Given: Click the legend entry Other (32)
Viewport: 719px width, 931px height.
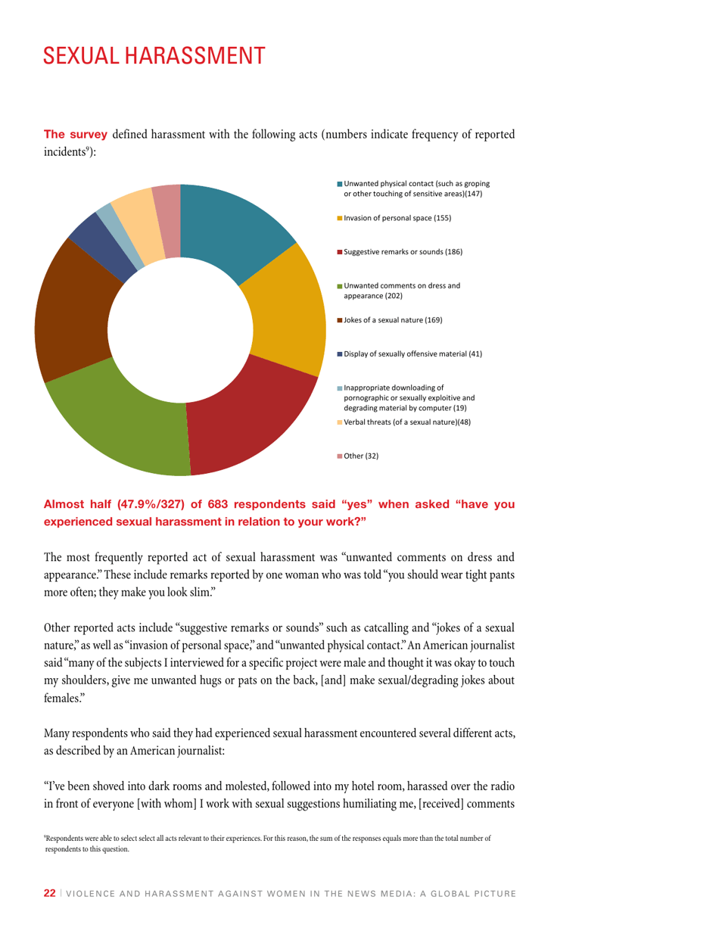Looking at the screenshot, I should click(x=361, y=456).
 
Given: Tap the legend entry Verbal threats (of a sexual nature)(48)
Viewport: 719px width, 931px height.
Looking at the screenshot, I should click(x=407, y=422).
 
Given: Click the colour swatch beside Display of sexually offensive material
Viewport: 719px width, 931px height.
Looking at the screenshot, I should click(x=340, y=354).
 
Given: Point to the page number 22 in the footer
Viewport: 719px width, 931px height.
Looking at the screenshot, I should click(x=49, y=893).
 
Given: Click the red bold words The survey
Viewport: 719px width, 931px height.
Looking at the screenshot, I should click(x=76, y=135).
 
